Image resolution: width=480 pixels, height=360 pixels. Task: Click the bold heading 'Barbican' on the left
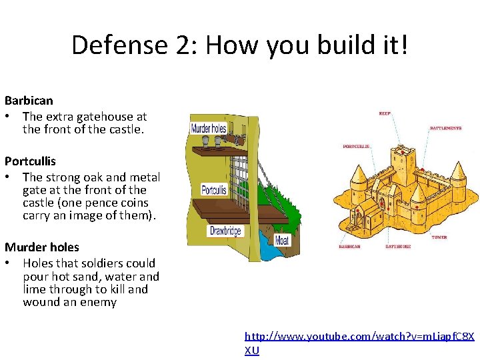[x=29, y=101]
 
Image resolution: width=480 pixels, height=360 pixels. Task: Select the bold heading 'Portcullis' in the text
[x=30, y=161]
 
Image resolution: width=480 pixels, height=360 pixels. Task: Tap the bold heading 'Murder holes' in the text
[x=41, y=247]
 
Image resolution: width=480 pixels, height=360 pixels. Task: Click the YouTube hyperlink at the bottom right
[x=359, y=337]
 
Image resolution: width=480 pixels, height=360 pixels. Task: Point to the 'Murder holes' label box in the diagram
[x=209, y=128]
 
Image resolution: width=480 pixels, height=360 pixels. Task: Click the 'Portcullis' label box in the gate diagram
[x=214, y=189]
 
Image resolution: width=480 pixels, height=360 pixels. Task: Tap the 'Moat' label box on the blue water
[x=282, y=239]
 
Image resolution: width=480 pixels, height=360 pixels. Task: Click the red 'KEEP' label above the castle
[x=385, y=114]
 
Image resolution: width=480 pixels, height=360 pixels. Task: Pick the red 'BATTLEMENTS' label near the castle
[x=445, y=127]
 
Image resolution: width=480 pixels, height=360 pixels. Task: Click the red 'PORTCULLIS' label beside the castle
[x=357, y=146]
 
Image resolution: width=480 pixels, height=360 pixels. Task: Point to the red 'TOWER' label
[x=439, y=237]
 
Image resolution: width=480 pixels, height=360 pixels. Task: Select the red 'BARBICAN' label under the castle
[x=349, y=246]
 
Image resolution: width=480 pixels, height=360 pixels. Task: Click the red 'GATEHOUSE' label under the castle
[x=398, y=246]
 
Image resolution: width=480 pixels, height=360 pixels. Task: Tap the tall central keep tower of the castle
[x=402, y=167]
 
